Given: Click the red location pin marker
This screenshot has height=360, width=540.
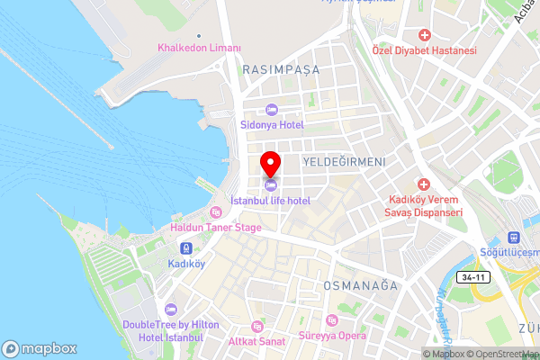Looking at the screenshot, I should [x=270, y=165].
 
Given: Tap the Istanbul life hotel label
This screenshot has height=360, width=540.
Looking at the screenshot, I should [x=270, y=201].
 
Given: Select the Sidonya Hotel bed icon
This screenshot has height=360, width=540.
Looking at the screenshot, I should [x=271, y=110].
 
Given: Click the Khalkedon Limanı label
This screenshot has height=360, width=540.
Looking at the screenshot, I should [x=199, y=48].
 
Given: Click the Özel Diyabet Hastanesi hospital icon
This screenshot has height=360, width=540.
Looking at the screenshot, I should [x=424, y=34].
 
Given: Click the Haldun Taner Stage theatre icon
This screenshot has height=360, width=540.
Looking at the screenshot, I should [x=215, y=212].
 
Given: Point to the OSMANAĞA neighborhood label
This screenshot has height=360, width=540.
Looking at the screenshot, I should [x=360, y=285].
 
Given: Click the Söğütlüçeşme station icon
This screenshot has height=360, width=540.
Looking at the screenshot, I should [x=514, y=238].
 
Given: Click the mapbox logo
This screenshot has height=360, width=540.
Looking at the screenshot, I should [x=39, y=348].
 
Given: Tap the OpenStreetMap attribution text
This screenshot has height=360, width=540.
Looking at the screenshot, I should [x=501, y=354].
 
